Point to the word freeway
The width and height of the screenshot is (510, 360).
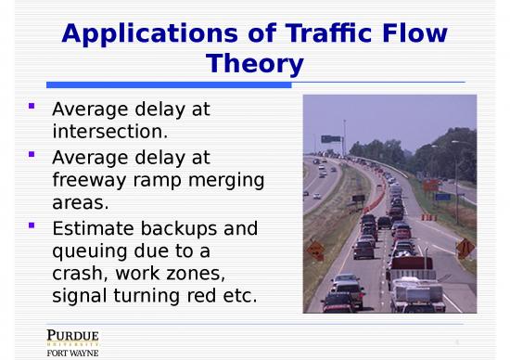tap(93, 178)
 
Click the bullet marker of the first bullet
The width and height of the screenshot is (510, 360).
tap(32, 107)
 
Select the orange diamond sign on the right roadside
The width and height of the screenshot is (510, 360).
tap(465, 247)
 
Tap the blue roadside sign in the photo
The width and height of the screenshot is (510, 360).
tap(442, 197)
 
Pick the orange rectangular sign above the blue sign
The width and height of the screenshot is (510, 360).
tap(431, 185)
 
